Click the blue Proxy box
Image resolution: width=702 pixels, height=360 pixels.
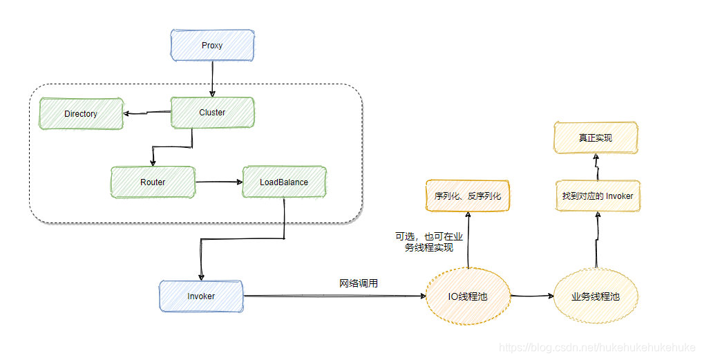coord(212,45)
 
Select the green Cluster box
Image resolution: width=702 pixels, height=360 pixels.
coord(212,113)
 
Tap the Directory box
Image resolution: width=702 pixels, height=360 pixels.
coord(82,113)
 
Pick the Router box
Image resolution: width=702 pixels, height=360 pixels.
coord(153,182)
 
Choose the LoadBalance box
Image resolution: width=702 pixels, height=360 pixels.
coord(284,182)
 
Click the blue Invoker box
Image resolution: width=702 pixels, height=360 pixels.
coord(201,296)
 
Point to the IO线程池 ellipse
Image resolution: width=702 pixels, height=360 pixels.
coord(468,296)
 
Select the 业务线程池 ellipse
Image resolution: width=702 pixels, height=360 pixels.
coord(595,296)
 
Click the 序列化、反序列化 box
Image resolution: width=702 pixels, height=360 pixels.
coord(468,196)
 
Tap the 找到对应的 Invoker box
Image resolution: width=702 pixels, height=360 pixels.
coord(598,196)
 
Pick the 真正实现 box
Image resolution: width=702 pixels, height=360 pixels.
coord(596,138)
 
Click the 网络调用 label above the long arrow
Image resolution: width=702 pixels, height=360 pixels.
coord(359,283)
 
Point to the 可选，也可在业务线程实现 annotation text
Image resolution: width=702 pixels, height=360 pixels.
coord(428,242)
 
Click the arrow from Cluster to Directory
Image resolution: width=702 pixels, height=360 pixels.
coord(146,113)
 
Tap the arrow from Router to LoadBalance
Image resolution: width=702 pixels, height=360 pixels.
coord(218,182)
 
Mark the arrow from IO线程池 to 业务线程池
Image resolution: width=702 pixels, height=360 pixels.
coord(532,296)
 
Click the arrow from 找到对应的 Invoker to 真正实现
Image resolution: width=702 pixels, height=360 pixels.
coord(596,168)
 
